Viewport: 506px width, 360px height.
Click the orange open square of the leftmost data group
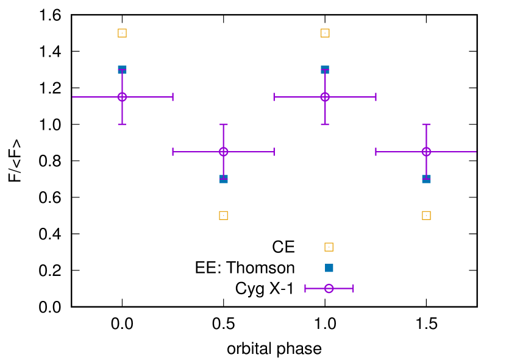[122, 34]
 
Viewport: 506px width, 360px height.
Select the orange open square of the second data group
[224, 216]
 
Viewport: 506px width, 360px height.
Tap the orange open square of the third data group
[325, 34]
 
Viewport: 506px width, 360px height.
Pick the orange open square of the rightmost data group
[426, 216]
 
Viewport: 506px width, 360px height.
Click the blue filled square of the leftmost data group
[122, 69]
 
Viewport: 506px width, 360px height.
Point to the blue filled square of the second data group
[224, 179]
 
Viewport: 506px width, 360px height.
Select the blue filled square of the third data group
[325, 69]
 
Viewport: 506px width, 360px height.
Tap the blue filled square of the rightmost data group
[426, 179]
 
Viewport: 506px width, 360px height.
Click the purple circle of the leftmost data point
[122, 97]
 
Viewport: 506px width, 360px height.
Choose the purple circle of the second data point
[224, 152]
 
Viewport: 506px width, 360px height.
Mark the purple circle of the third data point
[325, 97]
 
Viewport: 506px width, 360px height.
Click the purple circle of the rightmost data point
[426, 152]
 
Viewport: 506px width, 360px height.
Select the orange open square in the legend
[329, 247]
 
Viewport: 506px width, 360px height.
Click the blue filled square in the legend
[329, 268]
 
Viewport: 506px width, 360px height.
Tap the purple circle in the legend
[329, 289]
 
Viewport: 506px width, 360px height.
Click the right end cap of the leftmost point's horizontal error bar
[173, 97]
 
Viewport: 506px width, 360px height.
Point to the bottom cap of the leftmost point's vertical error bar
[122, 125]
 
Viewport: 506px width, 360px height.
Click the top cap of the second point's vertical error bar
[224, 125]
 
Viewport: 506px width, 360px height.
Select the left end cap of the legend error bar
[305, 289]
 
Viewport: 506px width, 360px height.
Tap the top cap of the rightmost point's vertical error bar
[426, 125]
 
